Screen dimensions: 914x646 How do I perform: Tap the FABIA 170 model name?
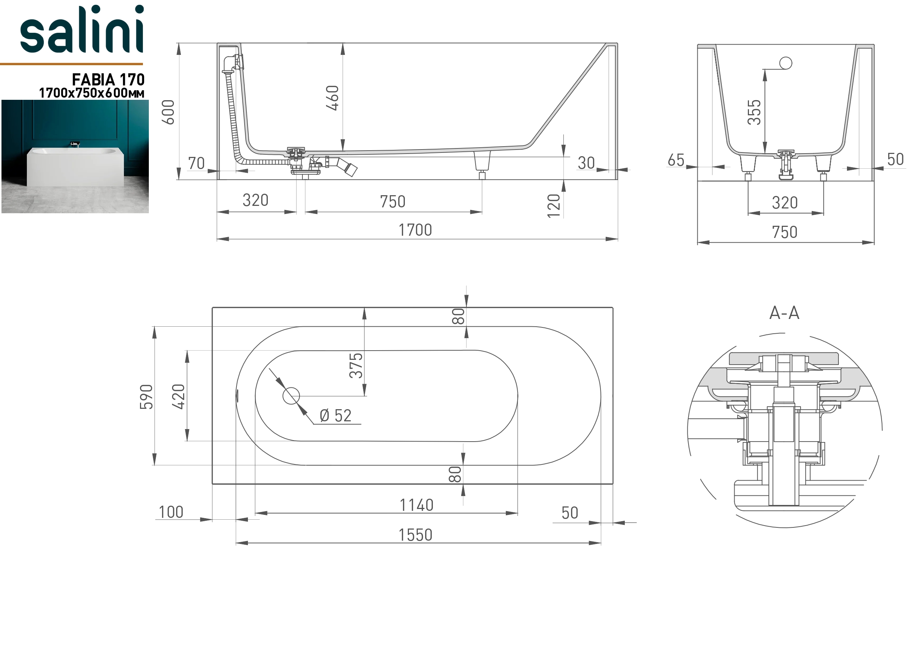[x=108, y=80]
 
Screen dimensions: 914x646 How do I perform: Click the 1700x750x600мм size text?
[x=92, y=93]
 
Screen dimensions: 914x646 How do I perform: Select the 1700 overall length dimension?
[x=415, y=230]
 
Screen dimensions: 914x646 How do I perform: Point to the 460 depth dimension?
[x=332, y=98]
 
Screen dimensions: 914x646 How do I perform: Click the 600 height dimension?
[x=168, y=112]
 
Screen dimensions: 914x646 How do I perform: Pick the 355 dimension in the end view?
[x=754, y=112]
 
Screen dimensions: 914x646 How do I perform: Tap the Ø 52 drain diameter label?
[x=336, y=415]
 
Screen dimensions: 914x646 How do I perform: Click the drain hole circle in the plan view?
[x=291, y=396]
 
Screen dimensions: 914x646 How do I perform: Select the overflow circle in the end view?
[x=785, y=63]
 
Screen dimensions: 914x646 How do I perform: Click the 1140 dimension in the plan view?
[x=416, y=505]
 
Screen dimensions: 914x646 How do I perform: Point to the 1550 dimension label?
[x=416, y=535]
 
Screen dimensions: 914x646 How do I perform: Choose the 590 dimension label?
[x=146, y=396]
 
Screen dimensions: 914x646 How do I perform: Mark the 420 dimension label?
[x=178, y=396]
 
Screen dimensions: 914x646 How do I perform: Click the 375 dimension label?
[x=356, y=365]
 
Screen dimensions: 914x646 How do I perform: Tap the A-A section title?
[x=784, y=313]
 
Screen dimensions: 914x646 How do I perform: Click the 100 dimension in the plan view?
[x=171, y=512]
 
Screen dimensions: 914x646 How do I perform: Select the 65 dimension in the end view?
[x=676, y=160]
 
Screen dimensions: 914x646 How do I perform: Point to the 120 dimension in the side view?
[x=554, y=206]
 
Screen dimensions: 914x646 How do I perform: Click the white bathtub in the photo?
[x=75, y=166]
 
